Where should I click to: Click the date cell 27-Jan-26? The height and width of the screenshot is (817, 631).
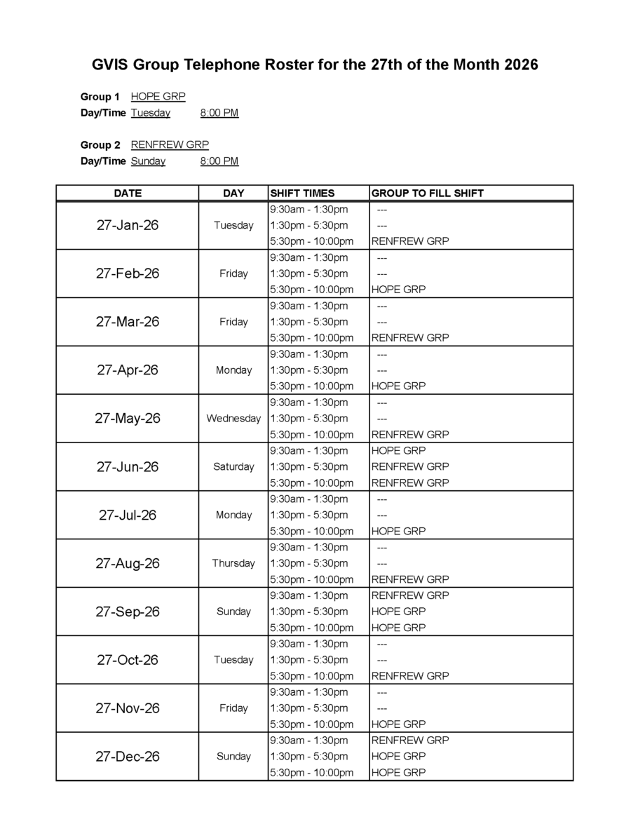click(128, 225)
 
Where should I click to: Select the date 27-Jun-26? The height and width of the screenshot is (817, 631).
click(128, 466)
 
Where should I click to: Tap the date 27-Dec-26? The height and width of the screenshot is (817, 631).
click(128, 757)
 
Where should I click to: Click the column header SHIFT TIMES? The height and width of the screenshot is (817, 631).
click(302, 193)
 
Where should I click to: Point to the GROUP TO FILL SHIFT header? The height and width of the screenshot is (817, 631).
click(427, 193)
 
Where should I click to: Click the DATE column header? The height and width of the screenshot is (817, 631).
click(128, 193)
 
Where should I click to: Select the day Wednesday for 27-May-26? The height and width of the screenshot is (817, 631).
click(233, 419)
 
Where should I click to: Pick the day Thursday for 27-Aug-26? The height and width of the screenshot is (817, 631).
click(233, 563)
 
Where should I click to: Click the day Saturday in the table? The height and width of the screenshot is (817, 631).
click(233, 466)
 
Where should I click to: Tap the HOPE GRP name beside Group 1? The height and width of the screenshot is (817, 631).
click(158, 97)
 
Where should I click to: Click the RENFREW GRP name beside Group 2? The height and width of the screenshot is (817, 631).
click(170, 145)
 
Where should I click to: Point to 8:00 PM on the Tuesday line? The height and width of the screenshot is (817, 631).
click(219, 113)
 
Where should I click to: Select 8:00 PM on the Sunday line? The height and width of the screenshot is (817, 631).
click(219, 161)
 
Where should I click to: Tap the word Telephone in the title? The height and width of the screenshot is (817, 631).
click(221, 65)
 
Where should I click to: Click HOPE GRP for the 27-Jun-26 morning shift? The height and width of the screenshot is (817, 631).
click(398, 450)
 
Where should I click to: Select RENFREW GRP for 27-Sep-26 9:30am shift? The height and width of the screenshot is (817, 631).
click(409, 595)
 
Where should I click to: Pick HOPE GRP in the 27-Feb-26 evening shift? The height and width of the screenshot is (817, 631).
click(398, 289)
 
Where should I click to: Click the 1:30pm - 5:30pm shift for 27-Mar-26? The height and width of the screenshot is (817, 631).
click(308, 322)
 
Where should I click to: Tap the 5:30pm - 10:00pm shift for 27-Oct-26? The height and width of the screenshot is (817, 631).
click(311, 676)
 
